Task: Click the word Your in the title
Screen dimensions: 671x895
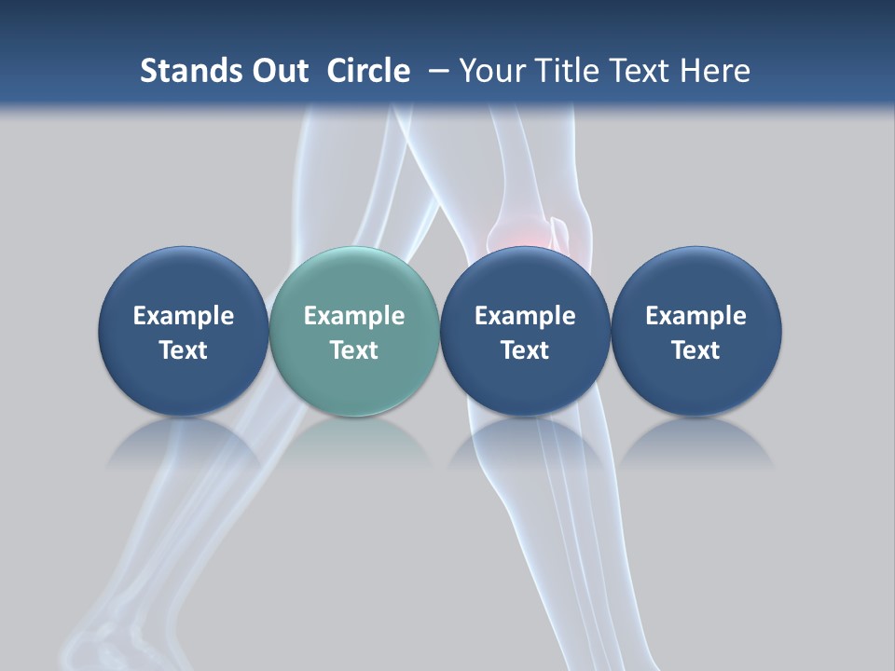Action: pos(489,71)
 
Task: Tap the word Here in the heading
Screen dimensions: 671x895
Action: pos(715,71)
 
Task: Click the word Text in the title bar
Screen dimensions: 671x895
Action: pos(641,71)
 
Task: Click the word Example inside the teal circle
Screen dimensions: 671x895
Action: pos(354,316)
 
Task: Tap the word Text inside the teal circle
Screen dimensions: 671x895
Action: pos(354,350)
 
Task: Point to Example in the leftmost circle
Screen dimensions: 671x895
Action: pos(184,316)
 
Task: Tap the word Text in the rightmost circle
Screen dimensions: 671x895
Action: pos(695,350)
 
